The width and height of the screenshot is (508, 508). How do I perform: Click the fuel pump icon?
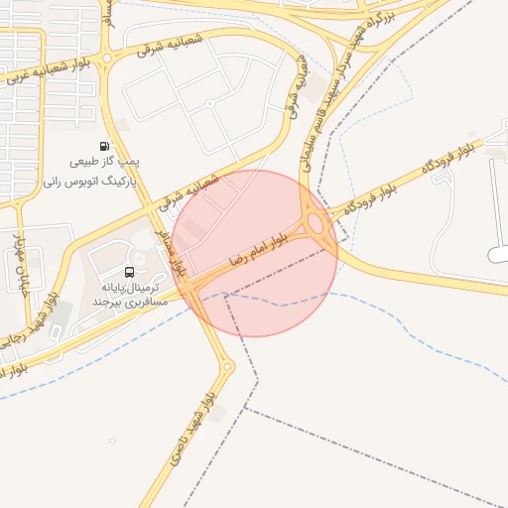[106, 146]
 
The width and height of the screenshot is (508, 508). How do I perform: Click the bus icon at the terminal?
[130, 272]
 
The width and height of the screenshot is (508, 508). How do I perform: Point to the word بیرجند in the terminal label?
[108, 300]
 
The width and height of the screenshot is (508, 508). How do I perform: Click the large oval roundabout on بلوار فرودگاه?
[317, 224]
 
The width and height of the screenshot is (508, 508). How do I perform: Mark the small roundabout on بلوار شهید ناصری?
[227, 368]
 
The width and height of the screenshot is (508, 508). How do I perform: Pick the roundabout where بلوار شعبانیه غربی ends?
[107, 60]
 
